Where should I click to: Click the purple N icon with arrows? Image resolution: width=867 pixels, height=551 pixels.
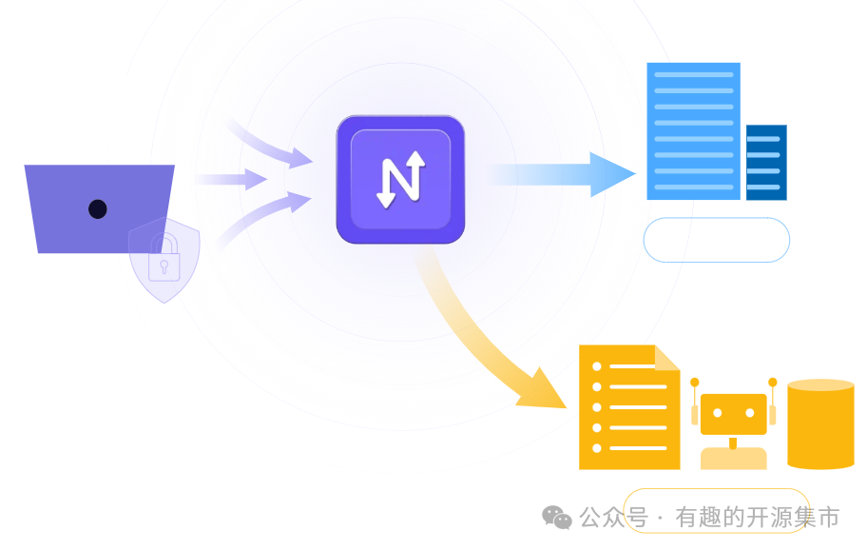pyautogui.click(x=400, y=179)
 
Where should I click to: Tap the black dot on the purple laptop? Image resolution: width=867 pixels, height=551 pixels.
pyautogui.click(x=98, y=208)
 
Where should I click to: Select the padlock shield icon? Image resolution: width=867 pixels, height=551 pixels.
pyautogui.click(x=164, y=260)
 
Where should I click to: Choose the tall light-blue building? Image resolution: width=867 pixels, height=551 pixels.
pyautogui.click(x=693, y=130)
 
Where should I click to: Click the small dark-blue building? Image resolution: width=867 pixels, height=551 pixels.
pyautogui.click(x=765, y=162)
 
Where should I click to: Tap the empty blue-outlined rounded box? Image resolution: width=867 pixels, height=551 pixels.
pyautogui.click(x=716, y=240)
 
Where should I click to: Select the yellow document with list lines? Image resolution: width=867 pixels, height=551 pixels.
pyautogui.click(x=628, y=409)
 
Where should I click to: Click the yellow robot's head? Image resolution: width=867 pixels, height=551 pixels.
pyautogui.click(x=733, y=414)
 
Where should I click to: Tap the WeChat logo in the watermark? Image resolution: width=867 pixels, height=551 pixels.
pyautogui.click(x=557, y=517)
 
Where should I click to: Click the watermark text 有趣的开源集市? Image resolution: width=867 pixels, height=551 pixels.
pyautogui.click(x=757, y=518)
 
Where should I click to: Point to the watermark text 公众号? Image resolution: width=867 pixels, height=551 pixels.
pyautogui.click(x=613, y=518)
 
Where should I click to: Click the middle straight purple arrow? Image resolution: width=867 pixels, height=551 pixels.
pyautogui.click(x=233, y=179)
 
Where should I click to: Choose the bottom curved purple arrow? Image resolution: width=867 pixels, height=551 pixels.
pyautogui.click(x=266, y=217)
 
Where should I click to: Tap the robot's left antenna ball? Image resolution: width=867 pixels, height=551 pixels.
pyautogui.click(x=695, y=383)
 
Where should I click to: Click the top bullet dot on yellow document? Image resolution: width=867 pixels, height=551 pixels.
pyautogui.click(x=597, y=366)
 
